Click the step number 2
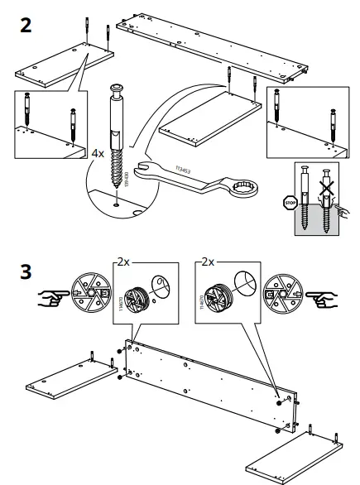click(x=26, y=24)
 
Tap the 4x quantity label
click(x=97, y=153)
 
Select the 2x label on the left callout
click(x=124, y=261)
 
